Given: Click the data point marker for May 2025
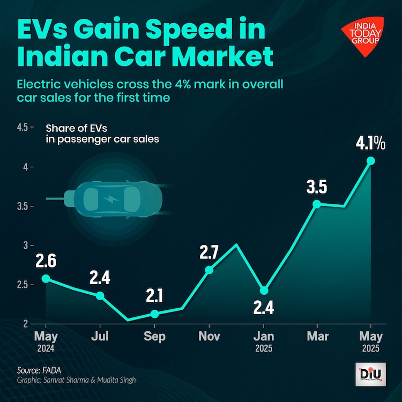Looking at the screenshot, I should (370, 161).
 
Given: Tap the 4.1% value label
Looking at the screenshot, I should (370, 143).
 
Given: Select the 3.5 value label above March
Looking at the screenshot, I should (317, 187).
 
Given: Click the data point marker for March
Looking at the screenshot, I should (317, 204).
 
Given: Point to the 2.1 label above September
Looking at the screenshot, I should (155, 295).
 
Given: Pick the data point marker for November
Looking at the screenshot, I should (209, 270).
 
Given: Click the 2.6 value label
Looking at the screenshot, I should (46, 261).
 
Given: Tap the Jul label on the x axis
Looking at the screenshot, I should (100, 337).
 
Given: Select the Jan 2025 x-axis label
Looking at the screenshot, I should (263, 341).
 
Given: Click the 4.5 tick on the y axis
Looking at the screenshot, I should (23, 128).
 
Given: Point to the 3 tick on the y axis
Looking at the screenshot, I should (25, 245).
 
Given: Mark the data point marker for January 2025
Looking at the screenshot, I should (263, 291).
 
